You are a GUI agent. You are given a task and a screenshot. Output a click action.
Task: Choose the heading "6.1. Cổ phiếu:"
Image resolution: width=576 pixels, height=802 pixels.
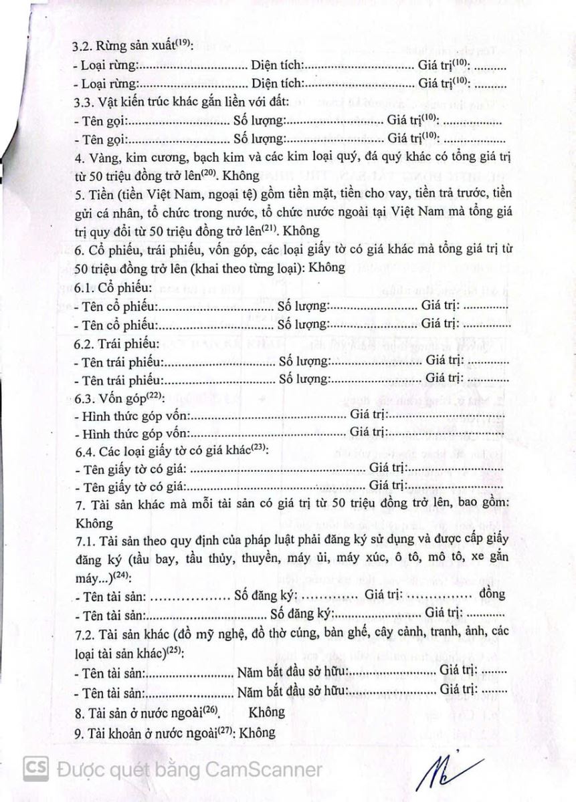[x=112, y=288]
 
